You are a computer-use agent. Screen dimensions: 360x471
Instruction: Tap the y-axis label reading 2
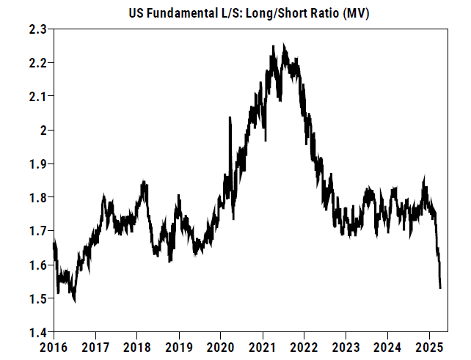[43, 131]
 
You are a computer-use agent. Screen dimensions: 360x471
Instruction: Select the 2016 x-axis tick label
[54, 345]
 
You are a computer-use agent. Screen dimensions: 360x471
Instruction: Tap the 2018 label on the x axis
[137, 345]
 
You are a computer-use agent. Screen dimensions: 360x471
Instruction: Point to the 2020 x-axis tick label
[221, 345]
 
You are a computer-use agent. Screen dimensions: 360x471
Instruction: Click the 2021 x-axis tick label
[263, 345]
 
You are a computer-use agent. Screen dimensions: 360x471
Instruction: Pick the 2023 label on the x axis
[346, 345]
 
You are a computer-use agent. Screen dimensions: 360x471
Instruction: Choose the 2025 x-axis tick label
[430, 345]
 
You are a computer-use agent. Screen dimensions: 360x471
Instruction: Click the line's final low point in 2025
[440, 288]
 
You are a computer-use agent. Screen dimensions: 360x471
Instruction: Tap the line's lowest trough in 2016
[75, 301]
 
